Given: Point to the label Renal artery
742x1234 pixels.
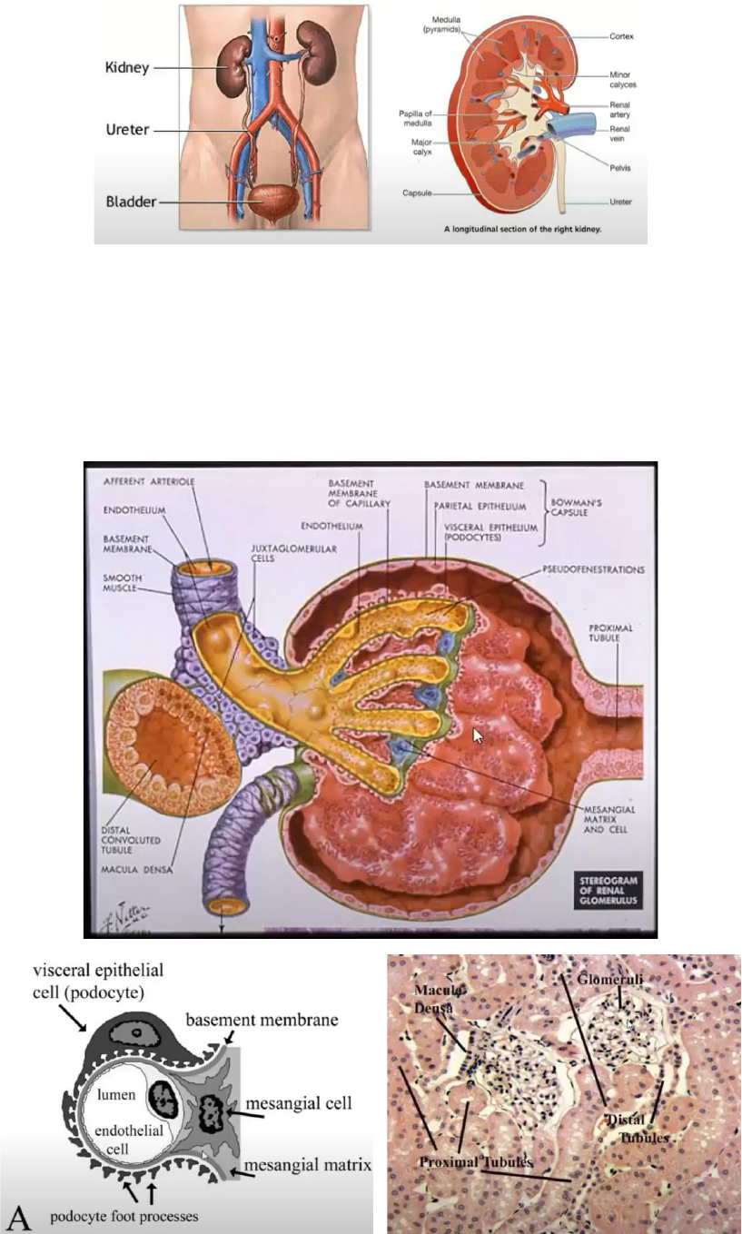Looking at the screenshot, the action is (x=622, y=111).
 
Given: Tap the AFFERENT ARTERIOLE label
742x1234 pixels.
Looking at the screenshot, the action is (x=136, y=479).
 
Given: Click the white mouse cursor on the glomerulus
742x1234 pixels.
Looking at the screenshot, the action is (x=479, y=734).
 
